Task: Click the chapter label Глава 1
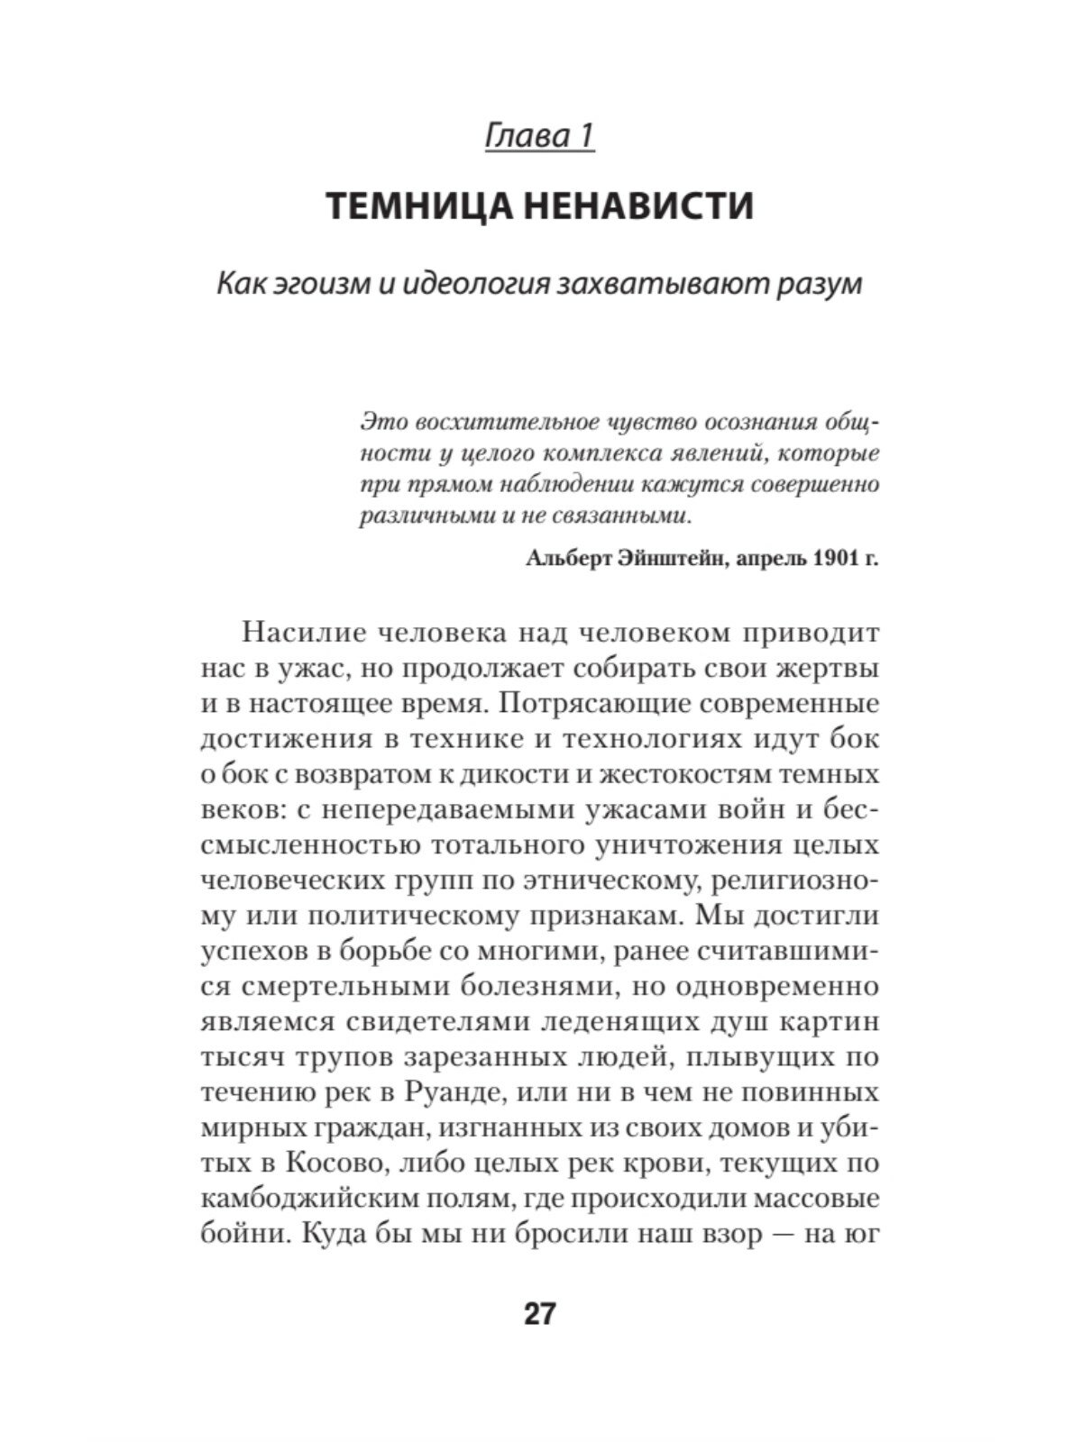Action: [x=540, y=136]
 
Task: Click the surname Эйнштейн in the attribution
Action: [x=669, y=559]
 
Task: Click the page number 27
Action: [x=540, y=1314]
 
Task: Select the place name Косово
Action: [x=339, y=1163]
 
